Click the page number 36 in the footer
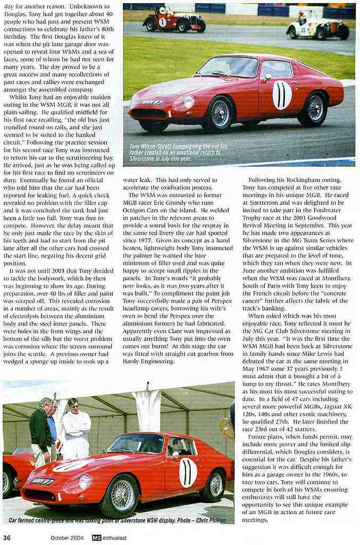(x=7, y=538)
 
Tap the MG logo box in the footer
(x=96, y=538)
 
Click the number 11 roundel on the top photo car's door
(x=282, y=95)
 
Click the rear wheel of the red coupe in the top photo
(x=315, y=108)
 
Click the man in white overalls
(x=76, y=428)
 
